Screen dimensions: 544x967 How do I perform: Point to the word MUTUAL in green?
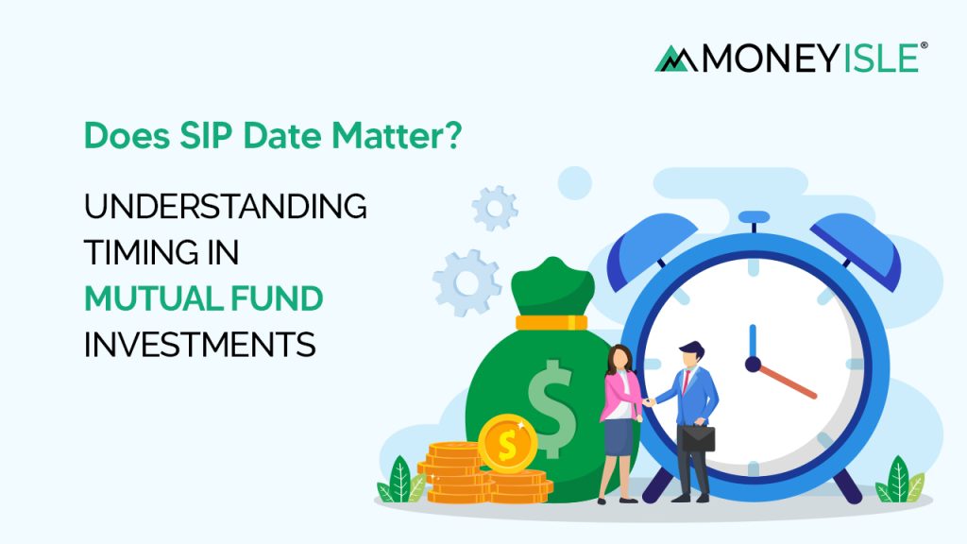(x=142, y=299)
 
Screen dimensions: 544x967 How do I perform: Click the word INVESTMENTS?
(x=199, y=345)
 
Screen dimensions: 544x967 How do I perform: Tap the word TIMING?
(x=142, y=253)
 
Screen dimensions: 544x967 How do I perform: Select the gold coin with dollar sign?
(x=507, y=442)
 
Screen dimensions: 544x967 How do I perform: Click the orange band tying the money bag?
(x=552, y=322)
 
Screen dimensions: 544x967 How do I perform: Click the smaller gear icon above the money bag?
(x=495, y=208)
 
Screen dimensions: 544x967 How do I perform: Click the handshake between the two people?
(x=650, y=400)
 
